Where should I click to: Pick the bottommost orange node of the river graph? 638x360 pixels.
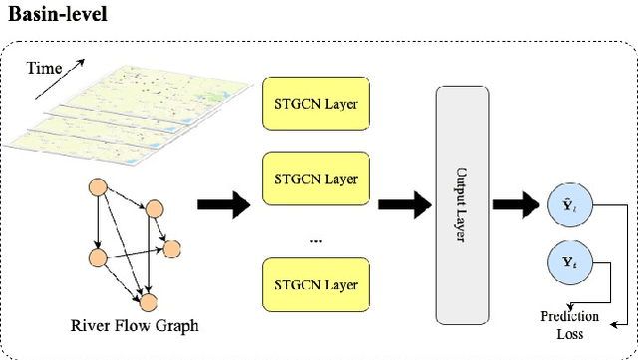(149, 301)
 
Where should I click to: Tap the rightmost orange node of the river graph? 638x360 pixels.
(173, 248)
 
